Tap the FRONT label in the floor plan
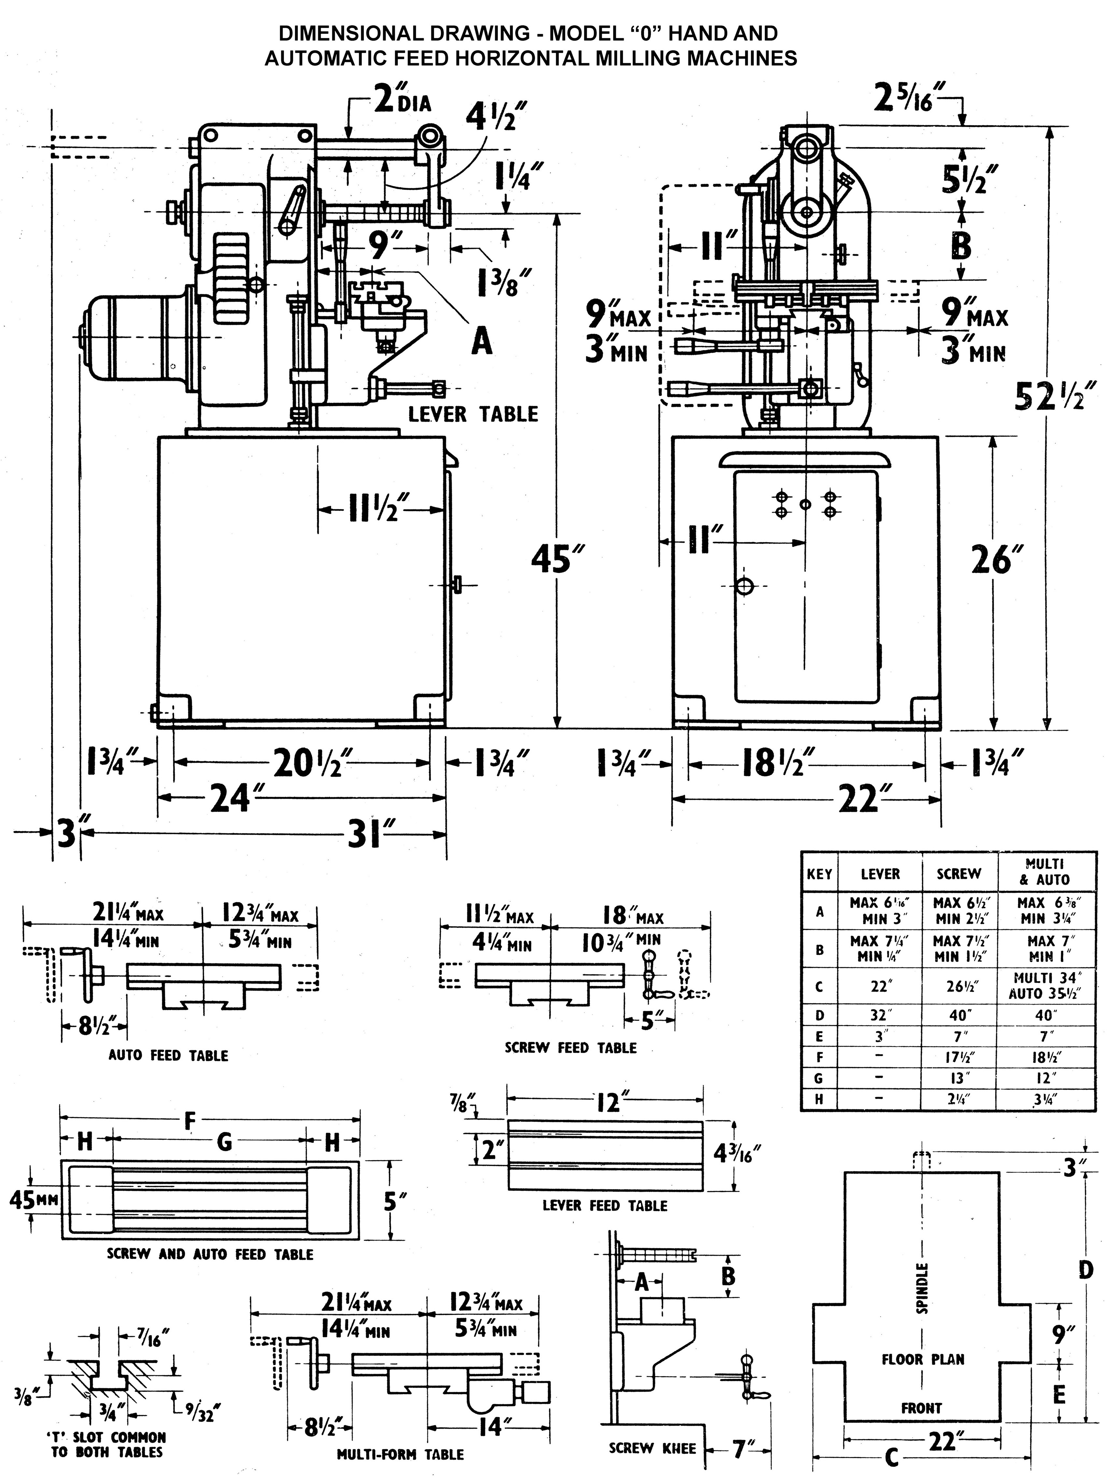click(x=921, y=1408)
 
